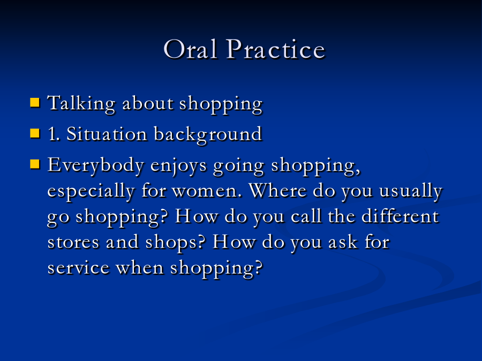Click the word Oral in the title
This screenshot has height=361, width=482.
191,49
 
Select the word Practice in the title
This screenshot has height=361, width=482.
276,49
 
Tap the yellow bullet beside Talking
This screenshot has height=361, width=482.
35,103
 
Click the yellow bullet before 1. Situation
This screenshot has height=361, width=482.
35,134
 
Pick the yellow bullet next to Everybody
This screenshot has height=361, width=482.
35,164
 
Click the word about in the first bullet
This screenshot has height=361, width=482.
148,103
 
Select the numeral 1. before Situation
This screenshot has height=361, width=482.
54,134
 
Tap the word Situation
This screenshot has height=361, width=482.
107,134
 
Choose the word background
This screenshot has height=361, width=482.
208,135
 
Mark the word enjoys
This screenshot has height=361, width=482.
178,166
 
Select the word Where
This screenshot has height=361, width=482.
277,190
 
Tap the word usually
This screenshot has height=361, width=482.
411,191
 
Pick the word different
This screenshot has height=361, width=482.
400,216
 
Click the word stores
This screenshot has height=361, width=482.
73,242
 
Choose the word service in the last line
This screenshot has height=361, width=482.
78,268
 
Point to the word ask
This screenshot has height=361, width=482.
343,242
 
